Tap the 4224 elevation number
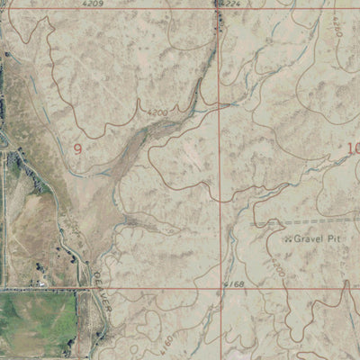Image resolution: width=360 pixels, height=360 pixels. click(x=230, y=4)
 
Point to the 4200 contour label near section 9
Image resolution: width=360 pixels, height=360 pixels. click(x=158, y=112)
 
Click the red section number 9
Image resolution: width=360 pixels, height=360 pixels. click(x=78, y=148)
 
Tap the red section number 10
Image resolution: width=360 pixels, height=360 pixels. click(x=352, y=148)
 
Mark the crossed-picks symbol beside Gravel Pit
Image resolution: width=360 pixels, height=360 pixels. click(x=286, y=240)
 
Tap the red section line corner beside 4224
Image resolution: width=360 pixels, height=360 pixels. click(x=220, y=8)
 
